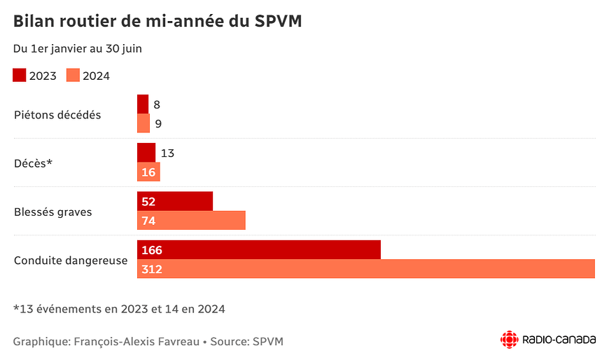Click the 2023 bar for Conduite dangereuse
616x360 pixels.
(259, 250)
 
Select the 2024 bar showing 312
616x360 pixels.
(365, 269)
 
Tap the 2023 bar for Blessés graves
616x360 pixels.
(175, 202)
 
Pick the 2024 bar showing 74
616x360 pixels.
(191, 221)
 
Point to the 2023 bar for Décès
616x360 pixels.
(146, 153)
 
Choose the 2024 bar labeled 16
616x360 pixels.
(148, 172)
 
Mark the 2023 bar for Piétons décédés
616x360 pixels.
(143, 104)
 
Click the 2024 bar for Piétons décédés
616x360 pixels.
(143, 123)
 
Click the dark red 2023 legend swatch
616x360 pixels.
(20, 76)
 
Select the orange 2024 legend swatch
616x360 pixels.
(73, 76)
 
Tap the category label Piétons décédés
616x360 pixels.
(57, 115)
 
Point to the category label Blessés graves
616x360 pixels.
(53, 212)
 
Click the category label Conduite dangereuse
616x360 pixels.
(71, 260)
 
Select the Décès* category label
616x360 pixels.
(34, 163)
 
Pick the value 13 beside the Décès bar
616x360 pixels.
(167, 153)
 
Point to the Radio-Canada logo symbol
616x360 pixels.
(509, 340)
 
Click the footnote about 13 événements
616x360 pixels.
(119, 308)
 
